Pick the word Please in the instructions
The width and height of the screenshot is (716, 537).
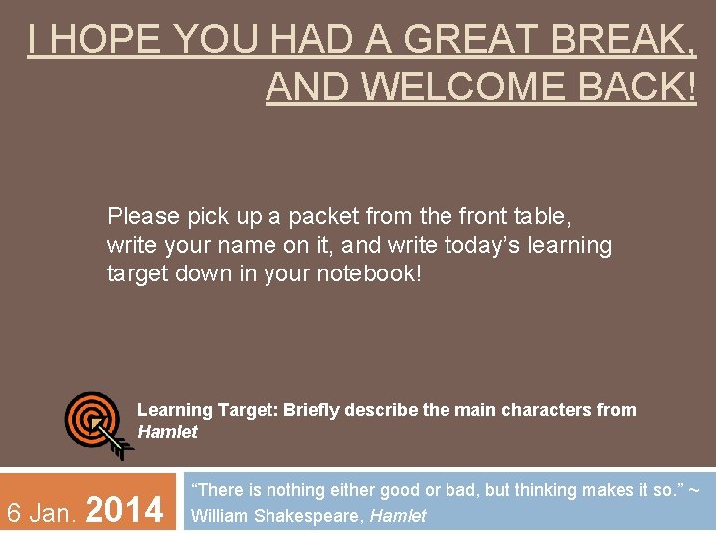(144, 216)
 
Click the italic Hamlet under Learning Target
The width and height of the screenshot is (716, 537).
(167, 432)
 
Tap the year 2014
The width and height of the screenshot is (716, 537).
(125, 510)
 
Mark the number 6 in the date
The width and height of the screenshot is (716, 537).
(15, 513)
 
